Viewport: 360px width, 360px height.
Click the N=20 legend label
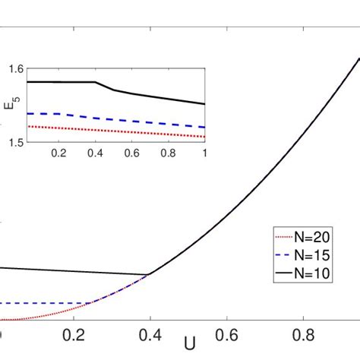coord(315,237)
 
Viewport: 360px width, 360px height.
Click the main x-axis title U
coord(189,344)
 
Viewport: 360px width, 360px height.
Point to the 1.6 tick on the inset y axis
coord(16,68)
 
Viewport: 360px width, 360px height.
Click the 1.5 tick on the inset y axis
coord(16,141)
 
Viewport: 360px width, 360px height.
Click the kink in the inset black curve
coord(96,82)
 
